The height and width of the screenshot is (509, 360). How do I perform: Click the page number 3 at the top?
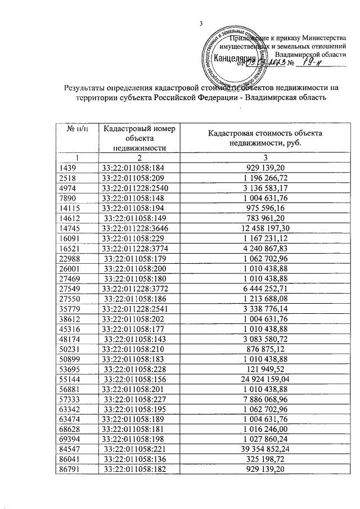201,23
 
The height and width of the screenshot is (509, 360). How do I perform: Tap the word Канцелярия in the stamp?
235,58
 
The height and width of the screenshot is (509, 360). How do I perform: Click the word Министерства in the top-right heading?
323,38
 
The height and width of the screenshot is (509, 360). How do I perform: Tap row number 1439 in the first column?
68,168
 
